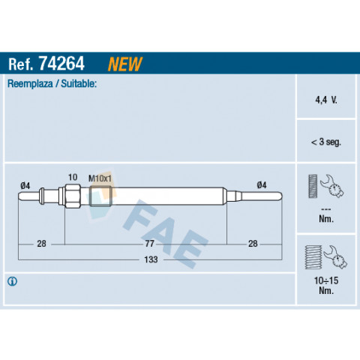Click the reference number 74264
(x=61, y=64)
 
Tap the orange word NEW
(x=124, y=64)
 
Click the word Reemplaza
(x=30, y=83)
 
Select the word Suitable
(x=79, y=83)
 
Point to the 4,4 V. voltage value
(x=326, y=100)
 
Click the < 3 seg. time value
(x=325, y=142)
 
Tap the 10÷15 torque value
(x=326, y=280)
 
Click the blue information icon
(x=12, y=281)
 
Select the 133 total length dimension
(x=151, y=259)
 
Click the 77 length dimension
(x=150, y=244)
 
